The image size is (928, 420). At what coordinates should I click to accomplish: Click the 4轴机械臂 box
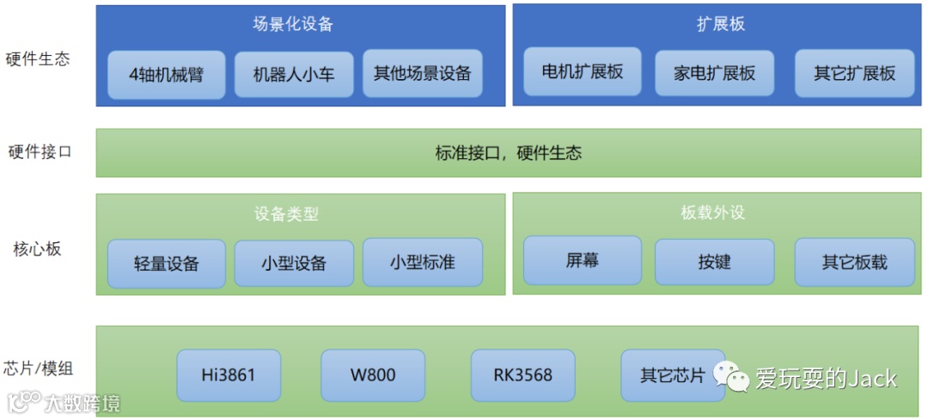click(167, 74)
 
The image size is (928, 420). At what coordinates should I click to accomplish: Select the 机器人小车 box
click(294, 74)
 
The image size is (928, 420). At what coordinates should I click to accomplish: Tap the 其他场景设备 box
click(422, 73)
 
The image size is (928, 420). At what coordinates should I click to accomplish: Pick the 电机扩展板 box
click(583, 72)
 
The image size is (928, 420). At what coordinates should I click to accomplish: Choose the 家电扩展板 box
click(714, 73)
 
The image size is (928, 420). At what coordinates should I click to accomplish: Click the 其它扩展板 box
click(854, 73)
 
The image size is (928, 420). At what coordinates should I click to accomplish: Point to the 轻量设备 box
click(167, 263)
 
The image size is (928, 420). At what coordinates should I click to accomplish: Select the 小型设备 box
click(294, 263)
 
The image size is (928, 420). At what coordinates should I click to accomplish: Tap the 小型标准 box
click(422, 262)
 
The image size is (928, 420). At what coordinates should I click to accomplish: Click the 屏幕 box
click(583, 260)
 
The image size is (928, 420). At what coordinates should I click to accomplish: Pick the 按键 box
click(714, 261)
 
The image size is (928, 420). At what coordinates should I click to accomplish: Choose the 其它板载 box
click(854, 262)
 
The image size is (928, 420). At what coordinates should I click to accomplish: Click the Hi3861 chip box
click(229, 375)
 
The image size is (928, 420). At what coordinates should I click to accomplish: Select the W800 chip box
click(373, 375)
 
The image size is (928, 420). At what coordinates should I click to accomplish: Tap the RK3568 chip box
click(522, 375)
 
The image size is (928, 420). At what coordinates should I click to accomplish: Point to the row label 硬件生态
click(38, 59)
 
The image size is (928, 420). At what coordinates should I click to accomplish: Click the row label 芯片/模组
click(38, 369)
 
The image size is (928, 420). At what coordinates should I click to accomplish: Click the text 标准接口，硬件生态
click(509, 154)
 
